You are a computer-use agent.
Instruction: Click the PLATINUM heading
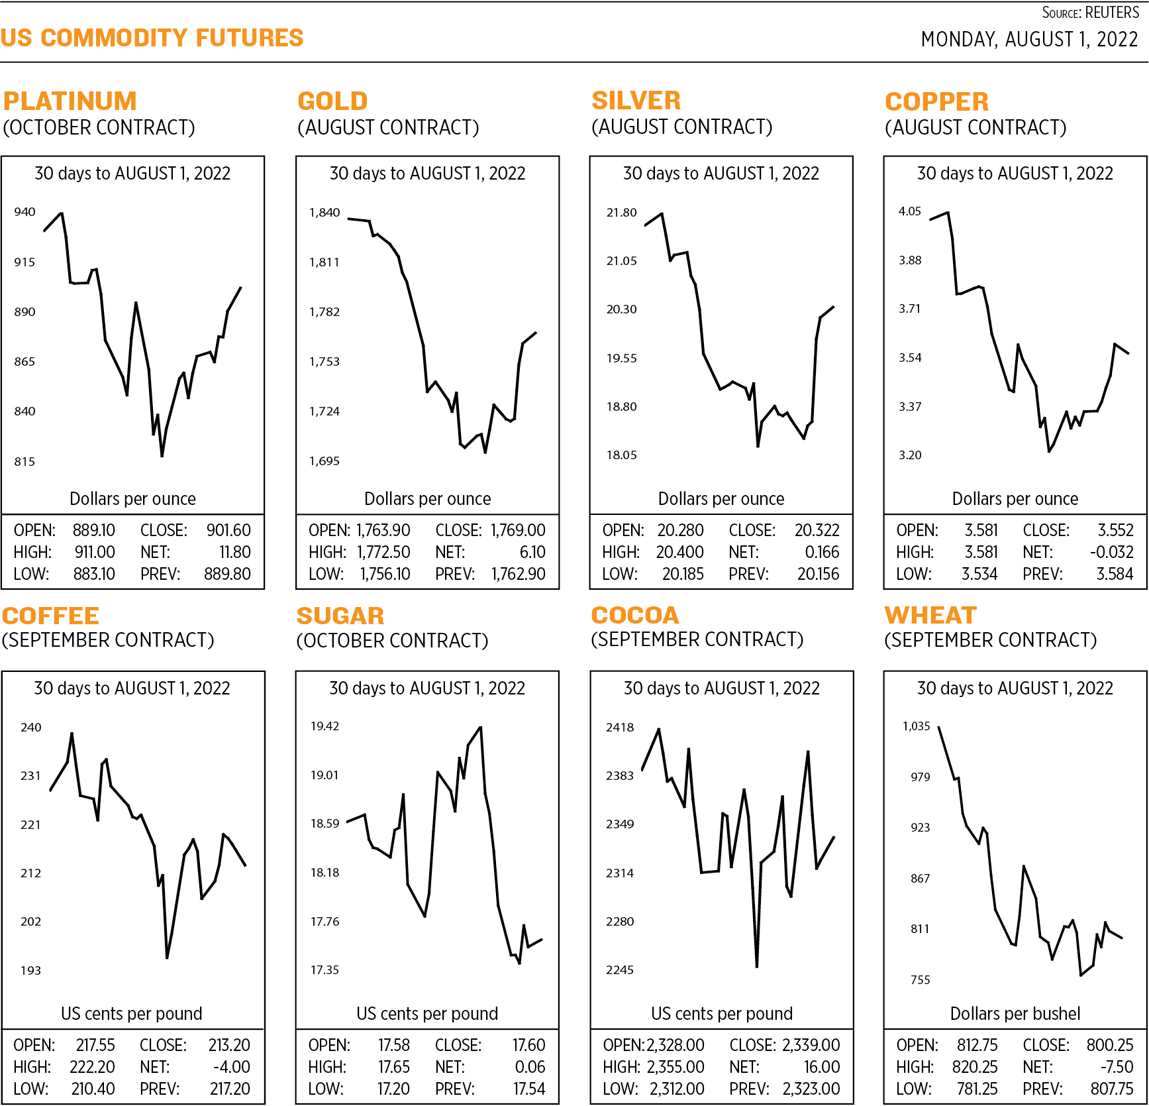pos(70,101)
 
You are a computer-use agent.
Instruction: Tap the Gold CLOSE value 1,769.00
pos(518,530)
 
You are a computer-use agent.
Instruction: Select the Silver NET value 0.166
pos(822,552)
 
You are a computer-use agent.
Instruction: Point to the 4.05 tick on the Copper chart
pos(909,211)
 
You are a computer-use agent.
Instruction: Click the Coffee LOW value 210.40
pos(93,1089)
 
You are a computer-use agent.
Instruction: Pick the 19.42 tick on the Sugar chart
pos(325,726)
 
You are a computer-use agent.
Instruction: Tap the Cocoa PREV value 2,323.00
pos(811,1089)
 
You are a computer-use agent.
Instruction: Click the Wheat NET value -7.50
pos(1117,1067)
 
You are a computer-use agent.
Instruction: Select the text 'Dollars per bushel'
pos(1015,1013)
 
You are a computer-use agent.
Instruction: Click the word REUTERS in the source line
pos(1112,13)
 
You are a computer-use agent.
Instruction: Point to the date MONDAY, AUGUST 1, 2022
pos(1029,40)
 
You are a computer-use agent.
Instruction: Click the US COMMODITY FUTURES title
pos(152,38)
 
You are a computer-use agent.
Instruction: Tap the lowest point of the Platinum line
pos(162,456)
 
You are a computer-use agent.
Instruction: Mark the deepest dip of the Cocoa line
pos(756,966)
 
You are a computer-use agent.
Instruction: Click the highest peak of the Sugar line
pos(480,728)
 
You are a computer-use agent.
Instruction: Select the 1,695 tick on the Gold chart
pos(325,461)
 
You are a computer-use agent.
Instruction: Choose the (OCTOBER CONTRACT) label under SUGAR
pos(392,641)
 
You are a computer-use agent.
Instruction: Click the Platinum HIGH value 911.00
pos(95,552)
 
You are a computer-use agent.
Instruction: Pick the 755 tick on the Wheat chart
pos(920,980)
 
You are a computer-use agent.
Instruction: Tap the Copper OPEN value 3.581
pos(981,530)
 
